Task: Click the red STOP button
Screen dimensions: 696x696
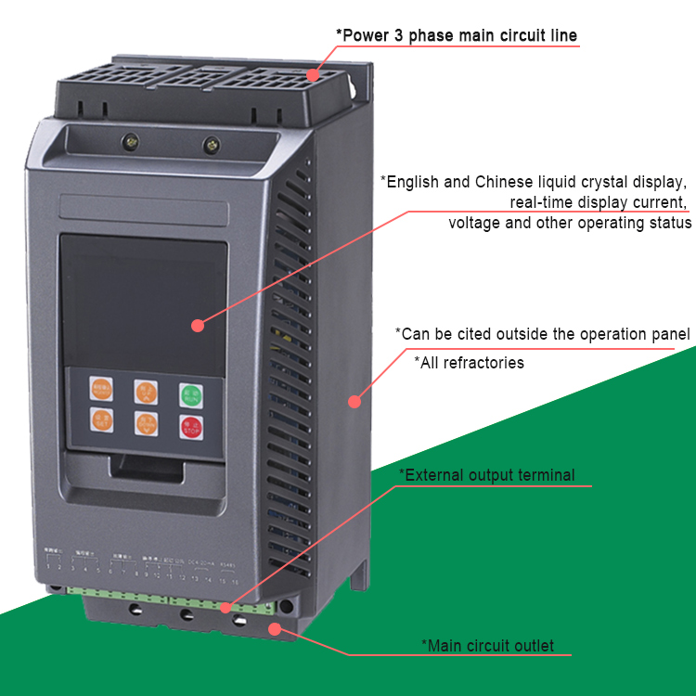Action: pos(190,426)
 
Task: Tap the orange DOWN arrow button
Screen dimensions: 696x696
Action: pos(146,425)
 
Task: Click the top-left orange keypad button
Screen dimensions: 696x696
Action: pos(102,390)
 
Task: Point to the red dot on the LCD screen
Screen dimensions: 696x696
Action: pos(197,325)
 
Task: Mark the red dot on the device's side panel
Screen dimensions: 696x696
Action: pos(354,401)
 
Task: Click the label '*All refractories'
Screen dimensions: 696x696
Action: pos(469,363)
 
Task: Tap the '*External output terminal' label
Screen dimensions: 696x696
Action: pos(486,475)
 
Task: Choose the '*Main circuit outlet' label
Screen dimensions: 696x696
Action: pos(487,646)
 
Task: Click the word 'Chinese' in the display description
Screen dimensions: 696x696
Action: pos(507,182)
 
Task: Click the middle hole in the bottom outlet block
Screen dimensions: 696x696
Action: pos(187,615)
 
